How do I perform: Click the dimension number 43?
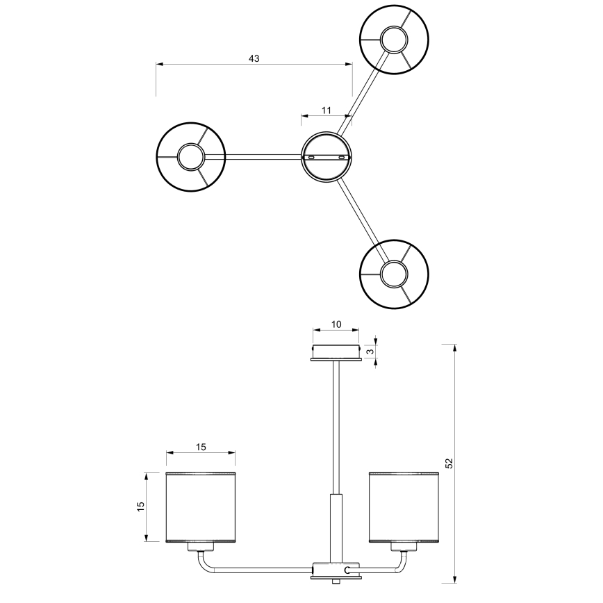(x=254, y=58)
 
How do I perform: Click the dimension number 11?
(x=326, y=110)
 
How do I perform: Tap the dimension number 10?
(x=336, y=324)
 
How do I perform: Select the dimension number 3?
(x=371, y=352)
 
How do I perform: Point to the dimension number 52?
(x=449, y=463)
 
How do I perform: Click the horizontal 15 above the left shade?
(x=201, y=447)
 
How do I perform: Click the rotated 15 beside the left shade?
(x=141, y=506)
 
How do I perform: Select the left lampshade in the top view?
(x=191, y=157)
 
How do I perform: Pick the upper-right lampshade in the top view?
(x=394, y=39)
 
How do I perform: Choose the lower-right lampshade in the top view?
(x=394, y=274)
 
